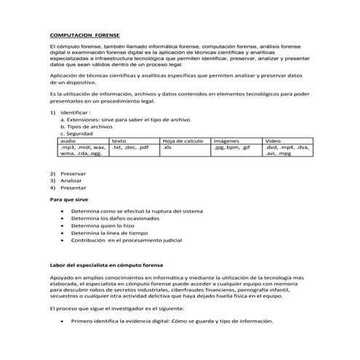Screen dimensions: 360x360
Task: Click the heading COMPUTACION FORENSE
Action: [x=85, y=34]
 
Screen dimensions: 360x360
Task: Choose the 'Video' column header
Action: [x=273, y=140]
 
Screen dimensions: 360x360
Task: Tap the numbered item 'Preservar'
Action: [x=73, y=173]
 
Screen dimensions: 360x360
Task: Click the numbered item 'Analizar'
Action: [x=71, y=180]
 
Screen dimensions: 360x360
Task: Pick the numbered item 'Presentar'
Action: [x=73, y=188]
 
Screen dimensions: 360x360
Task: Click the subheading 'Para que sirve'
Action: [x=70, y=198]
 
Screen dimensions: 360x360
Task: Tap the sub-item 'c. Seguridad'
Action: [x=78, y=133]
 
